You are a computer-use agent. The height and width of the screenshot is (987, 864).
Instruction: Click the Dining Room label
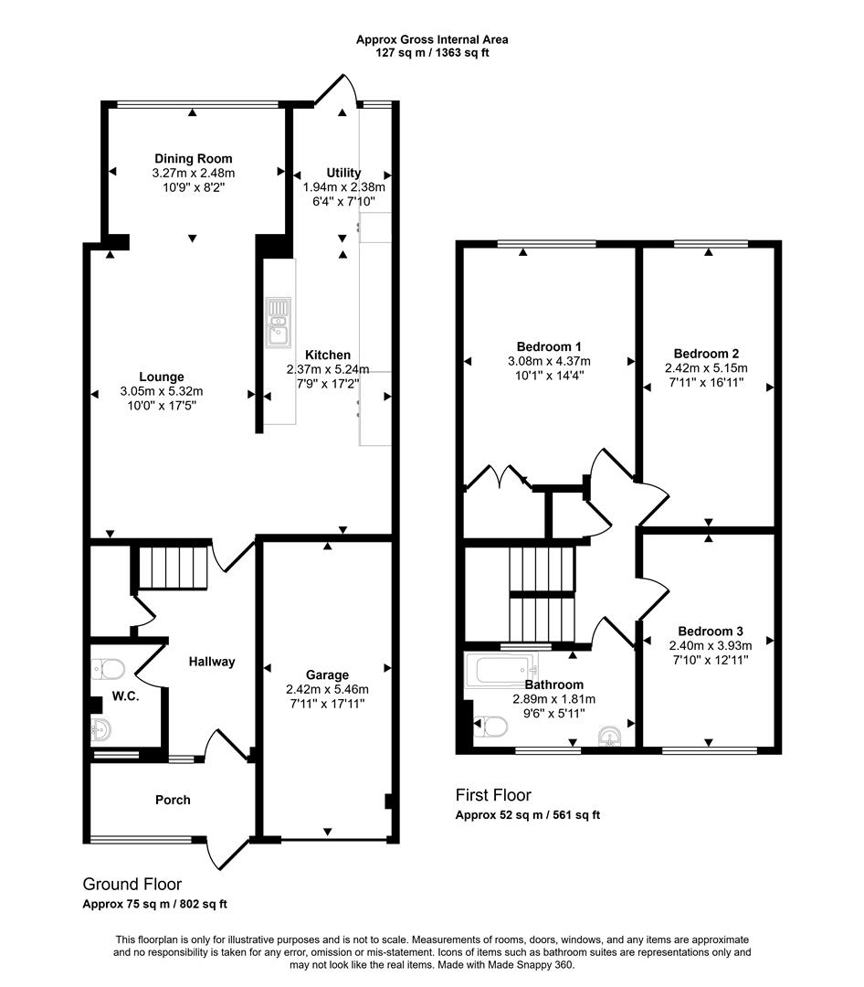193,158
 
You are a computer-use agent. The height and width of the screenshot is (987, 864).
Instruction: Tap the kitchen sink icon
277,323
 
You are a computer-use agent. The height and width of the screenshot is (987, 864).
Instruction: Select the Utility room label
344,173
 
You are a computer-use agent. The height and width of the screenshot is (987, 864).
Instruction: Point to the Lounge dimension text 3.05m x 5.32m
162,391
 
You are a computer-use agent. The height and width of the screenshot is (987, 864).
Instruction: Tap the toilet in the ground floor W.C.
109,671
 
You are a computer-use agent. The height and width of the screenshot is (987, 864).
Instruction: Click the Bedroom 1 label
549,346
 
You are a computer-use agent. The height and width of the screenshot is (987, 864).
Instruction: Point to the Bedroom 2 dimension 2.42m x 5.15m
706,368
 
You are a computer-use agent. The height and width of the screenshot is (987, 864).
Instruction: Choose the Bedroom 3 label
710,631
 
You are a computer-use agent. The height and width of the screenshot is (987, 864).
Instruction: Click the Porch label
173,800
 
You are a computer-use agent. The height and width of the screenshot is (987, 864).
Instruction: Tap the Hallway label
212,662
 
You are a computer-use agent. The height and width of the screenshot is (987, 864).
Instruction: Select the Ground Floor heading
132,884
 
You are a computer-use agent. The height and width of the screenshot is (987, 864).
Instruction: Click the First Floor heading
493,795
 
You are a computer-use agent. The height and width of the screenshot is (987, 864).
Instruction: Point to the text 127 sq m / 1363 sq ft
432,53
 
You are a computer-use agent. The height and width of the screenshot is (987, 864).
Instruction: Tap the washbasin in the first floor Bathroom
609,736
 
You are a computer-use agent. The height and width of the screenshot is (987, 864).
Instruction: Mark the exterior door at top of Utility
336,91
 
